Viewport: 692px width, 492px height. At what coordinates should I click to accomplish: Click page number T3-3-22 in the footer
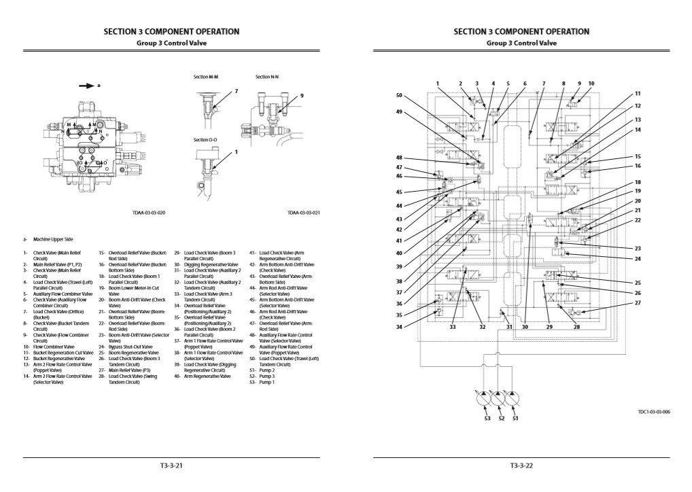coord(521,466)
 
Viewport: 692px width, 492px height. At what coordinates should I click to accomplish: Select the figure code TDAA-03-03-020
coord(148,213)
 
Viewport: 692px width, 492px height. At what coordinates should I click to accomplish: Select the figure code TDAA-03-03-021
coord(303,213)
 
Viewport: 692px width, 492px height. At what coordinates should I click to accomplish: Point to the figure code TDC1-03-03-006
coord(654,412)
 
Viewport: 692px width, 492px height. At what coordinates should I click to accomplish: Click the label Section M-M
coord(205,77)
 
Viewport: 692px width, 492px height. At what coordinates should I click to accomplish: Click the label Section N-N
coord(267,77)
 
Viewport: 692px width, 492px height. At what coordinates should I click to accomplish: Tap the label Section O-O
coord(206,139)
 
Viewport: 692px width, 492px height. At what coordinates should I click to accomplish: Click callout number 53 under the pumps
coord(487,419)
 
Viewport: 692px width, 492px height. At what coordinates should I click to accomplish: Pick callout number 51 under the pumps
coord(515,419)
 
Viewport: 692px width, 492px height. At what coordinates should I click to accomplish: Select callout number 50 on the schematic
coord(399,95)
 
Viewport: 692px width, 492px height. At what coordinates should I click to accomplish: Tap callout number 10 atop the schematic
coord(591,84)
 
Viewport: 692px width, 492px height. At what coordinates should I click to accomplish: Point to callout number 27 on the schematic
coord(638,302)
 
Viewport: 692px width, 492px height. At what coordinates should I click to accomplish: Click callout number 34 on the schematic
coord(399,328)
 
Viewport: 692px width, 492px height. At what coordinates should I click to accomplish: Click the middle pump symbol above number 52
coord(501,401)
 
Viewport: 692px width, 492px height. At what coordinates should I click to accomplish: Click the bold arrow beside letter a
coord(86,86)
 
